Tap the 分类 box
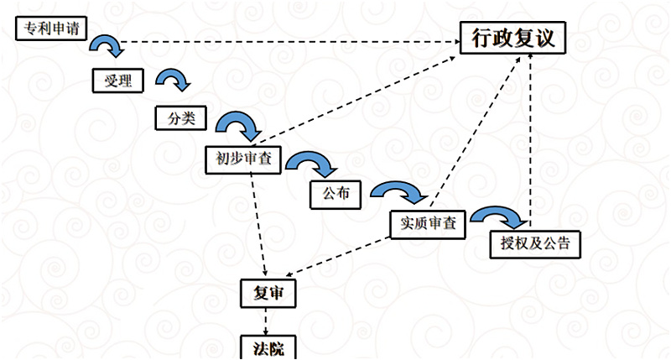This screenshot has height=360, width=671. click(x=179, y=117)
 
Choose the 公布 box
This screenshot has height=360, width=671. click(x=335, y=195)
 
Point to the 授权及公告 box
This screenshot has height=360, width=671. click(x=534, y=244)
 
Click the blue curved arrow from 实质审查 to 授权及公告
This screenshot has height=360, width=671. click(x=500, y=216)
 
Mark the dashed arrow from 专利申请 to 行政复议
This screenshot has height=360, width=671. click(x=285, y=41)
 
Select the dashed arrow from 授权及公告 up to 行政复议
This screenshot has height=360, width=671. click(x=530, y=143)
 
